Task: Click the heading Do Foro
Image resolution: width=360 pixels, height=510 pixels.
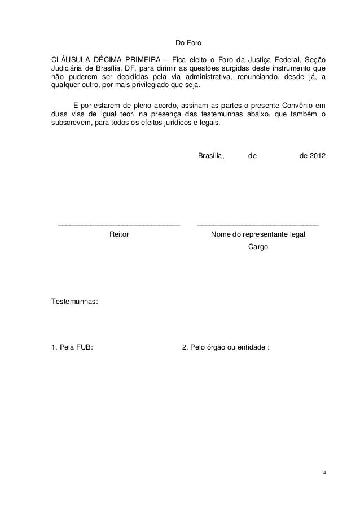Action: tap(186, 43)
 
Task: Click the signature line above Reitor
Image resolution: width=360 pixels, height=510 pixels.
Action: tap(119, 225)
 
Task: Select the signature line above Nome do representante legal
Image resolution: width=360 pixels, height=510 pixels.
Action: tap(258, 225)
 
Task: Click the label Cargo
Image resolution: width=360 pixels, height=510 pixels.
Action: tap(258, 247)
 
